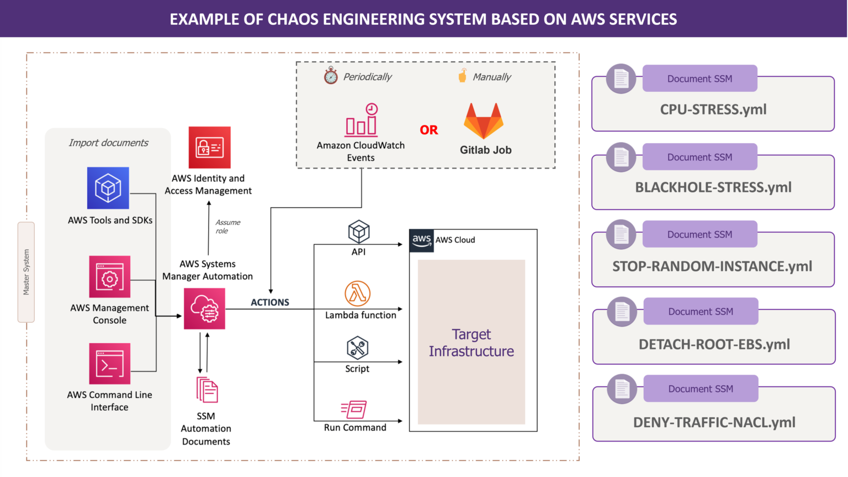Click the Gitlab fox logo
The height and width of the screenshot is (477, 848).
click(483, 121)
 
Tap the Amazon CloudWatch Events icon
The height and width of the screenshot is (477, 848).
click(362, 120)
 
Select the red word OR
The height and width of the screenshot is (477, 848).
click(428, 130)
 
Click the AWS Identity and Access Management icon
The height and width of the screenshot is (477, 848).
click(209, 148)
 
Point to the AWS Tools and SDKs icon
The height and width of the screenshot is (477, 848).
click(108, 188)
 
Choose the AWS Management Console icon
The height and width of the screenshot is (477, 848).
click(110, 277)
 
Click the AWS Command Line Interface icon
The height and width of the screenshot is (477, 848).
click(110, 364)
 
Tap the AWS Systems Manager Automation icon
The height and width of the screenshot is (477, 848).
click(204, 309)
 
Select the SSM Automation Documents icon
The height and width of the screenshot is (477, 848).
click(207, 390)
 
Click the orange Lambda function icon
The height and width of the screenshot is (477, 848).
click(357, 293)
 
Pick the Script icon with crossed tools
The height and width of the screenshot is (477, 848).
click(357, 348)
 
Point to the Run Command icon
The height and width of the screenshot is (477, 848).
click(354, 410)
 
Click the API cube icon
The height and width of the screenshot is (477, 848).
click(358, 232)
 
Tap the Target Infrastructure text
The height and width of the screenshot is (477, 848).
click(471, 343)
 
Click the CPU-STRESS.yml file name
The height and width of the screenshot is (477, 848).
click(713, 109)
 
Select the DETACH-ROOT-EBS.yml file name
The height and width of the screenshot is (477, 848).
click(714, 344)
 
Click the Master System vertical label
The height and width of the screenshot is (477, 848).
click(26, 272)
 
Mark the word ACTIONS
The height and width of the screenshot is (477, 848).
click(269, 302)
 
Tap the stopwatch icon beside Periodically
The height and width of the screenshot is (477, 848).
click(331, 76)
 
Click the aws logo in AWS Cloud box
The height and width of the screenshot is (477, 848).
click(421, 240)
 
